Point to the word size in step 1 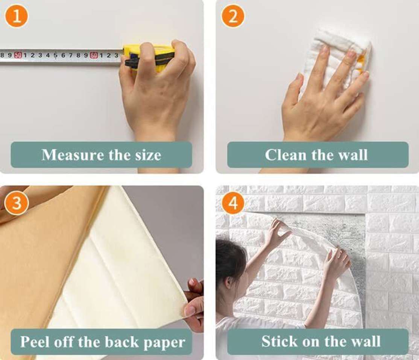click(148, 155)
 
